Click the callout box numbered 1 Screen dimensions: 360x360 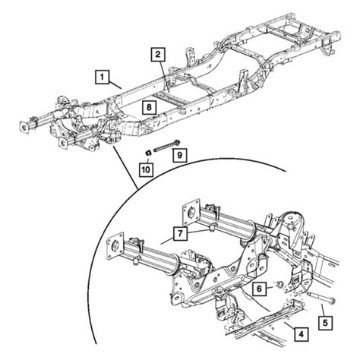[x=100, y=76]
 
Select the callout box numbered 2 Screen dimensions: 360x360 [x=157, y=54]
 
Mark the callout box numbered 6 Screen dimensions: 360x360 [x=260, y=289]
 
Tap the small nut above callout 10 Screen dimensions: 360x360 [x=145, y=152]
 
